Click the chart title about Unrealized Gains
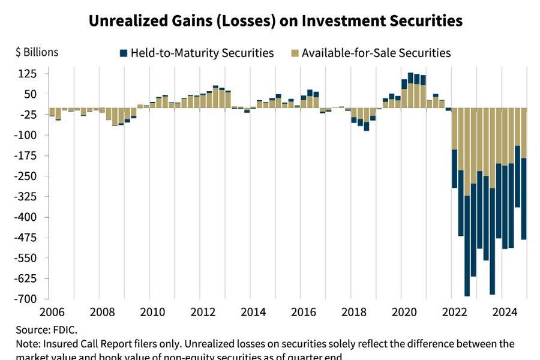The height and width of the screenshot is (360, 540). pos(275,21)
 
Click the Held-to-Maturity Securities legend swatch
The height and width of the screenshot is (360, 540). pos(123,53)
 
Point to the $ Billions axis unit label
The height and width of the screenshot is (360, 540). pos(37,52)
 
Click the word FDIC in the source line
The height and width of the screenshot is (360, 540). pos(66,329)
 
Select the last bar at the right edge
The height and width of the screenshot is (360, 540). pos(524,174)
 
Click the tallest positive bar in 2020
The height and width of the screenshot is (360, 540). pos(410,90)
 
